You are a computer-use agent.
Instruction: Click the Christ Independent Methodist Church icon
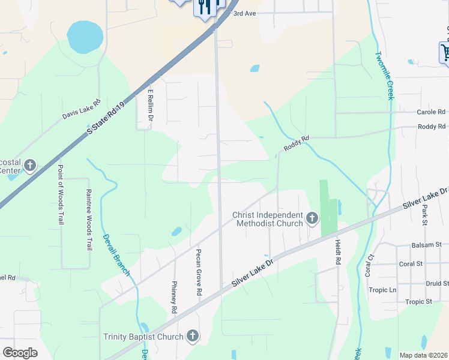312,218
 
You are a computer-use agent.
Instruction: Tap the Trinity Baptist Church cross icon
193,337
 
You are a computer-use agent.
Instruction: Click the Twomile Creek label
384,76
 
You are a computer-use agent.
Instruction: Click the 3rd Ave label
244,13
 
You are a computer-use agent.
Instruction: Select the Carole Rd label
431,112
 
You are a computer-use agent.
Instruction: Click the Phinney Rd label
174,297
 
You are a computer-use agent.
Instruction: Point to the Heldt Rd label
337,250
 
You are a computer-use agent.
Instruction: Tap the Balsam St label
426,245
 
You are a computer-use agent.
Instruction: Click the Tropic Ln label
384,290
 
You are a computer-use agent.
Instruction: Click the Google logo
20,353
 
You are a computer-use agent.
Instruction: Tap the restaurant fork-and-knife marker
205,7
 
